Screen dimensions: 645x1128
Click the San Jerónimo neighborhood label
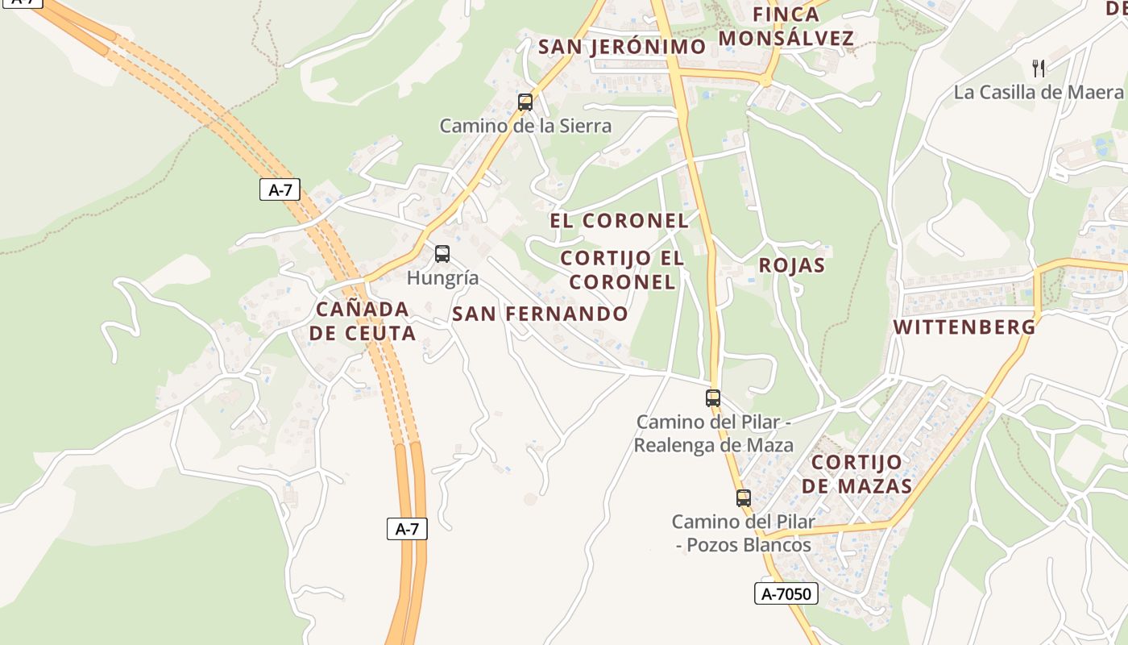pyautogui.click(x=621, y=46)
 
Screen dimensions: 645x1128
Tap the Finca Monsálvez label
pyautogui.click(x=786, y=27)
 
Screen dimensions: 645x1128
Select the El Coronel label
pyautogui.click(x=619, y=220)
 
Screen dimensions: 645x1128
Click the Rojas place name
pyautogui.click(x=791, y=265)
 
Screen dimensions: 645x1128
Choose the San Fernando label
pyautogui.click(x=540, y=314)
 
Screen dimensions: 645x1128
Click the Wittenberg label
pyautogui.click(x=964, y=327)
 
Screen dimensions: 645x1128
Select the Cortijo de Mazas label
pyautogui.click(x=856, y=474)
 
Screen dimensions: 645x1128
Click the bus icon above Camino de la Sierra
pyautogui.click(x=525, y=102)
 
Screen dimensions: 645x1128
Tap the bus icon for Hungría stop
pyautogui.click(x=442, y=254)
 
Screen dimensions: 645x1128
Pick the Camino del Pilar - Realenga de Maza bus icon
pyautogui.click(x=713, y=397)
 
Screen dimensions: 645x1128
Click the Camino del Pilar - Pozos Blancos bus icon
pyautogui.click(x=743, y=498)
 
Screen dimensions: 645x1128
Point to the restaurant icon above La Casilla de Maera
pyautogui.click(x=1039, y=68)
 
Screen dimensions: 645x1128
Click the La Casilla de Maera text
pyautogui.click(x=1038, y=92)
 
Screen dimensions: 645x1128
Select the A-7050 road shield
pyautogui.click(x=786, y=594)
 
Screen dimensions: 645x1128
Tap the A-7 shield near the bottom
pyautogui.click(x=407, y=529)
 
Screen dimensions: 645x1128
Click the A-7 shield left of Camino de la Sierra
pyautogui.click(x=280, y=190)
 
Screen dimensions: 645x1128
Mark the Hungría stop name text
pyautogui.click(x=442, y=278)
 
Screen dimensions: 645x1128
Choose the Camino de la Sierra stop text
pyautogui.click(x=525, y=126)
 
